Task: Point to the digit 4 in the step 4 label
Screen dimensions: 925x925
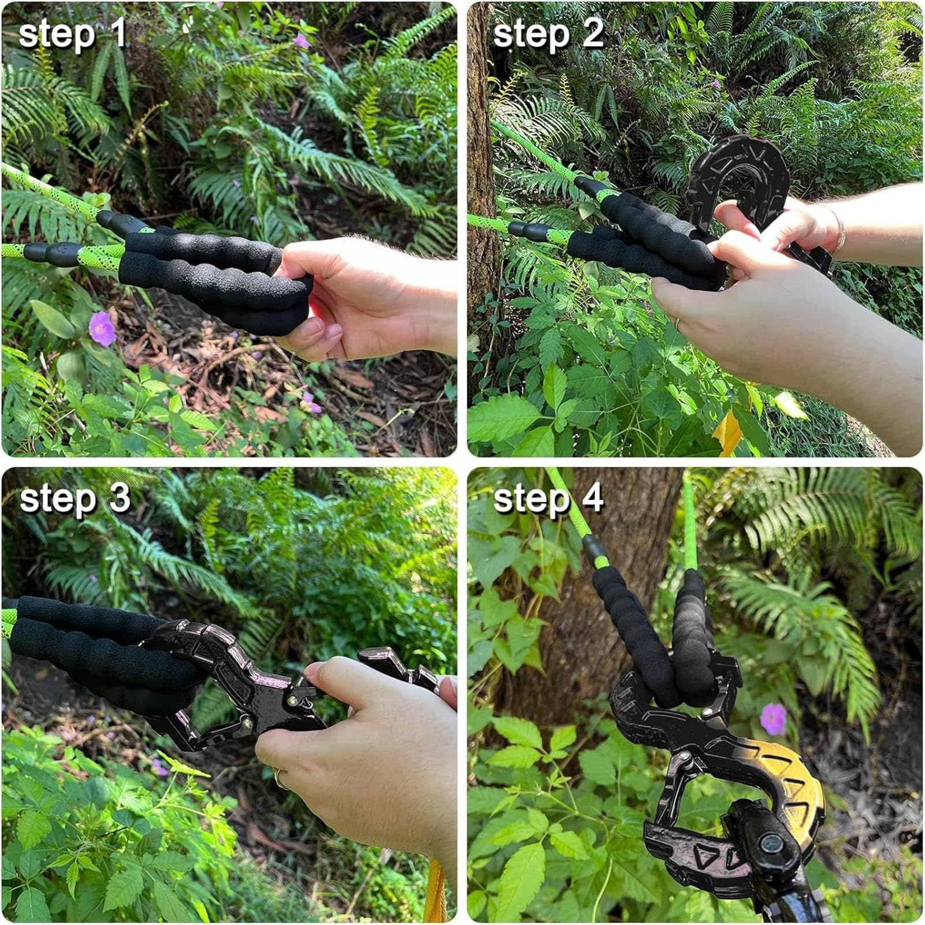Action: tap(592, 497)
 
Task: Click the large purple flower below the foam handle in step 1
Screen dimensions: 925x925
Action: tap(102, 329)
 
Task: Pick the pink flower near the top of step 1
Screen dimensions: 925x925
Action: tap(301, 40)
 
